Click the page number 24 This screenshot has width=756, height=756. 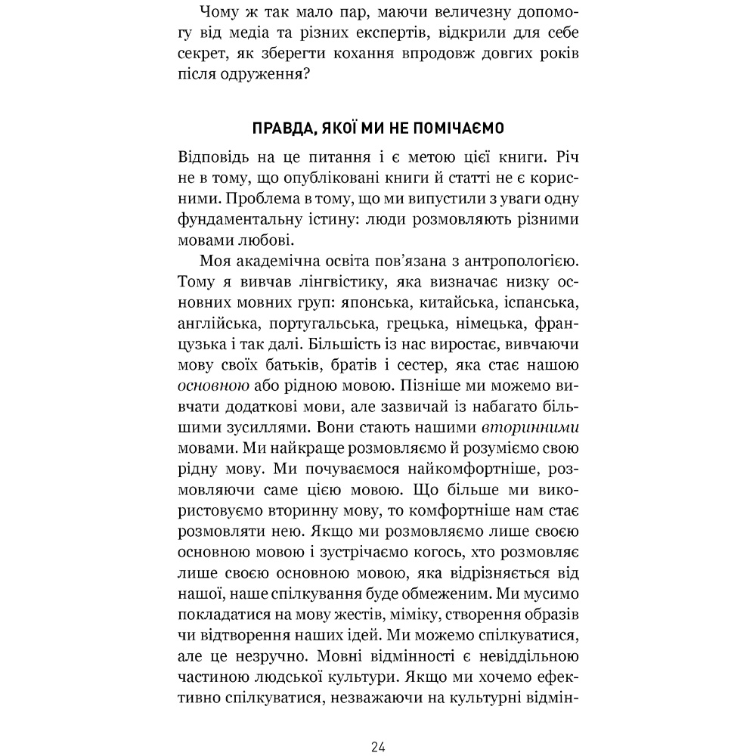coord(379,748)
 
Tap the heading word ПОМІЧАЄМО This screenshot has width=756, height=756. coord(460,126)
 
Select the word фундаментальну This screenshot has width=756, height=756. coord(235,220)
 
